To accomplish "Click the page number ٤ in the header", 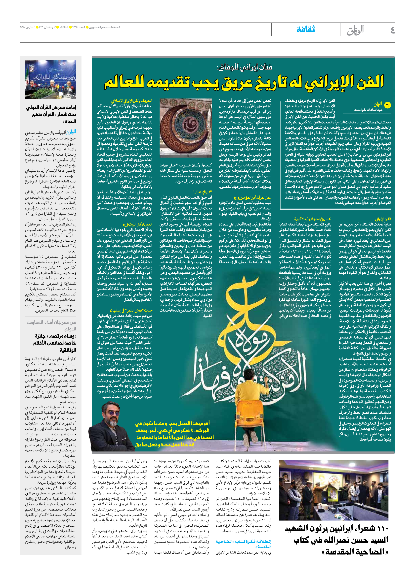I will coord(392,30).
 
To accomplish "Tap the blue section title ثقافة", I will coord(306,29).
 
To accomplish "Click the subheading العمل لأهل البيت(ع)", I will coord(138,224).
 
